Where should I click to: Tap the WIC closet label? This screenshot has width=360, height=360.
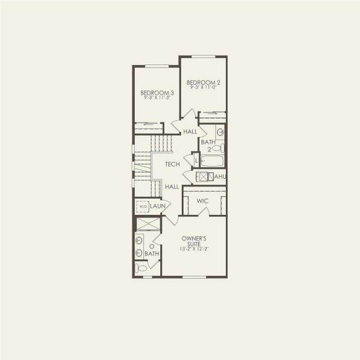pos(202,200)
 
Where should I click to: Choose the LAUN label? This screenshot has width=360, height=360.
pos(158,206)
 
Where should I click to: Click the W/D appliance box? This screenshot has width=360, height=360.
pos(143,206)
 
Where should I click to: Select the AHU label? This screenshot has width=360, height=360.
pos(220,176)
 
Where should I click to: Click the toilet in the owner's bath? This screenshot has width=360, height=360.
pos(140,268)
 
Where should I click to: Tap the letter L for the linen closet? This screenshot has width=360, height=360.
pos(196,161)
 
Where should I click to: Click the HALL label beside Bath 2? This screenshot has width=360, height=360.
pos(190,131)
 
